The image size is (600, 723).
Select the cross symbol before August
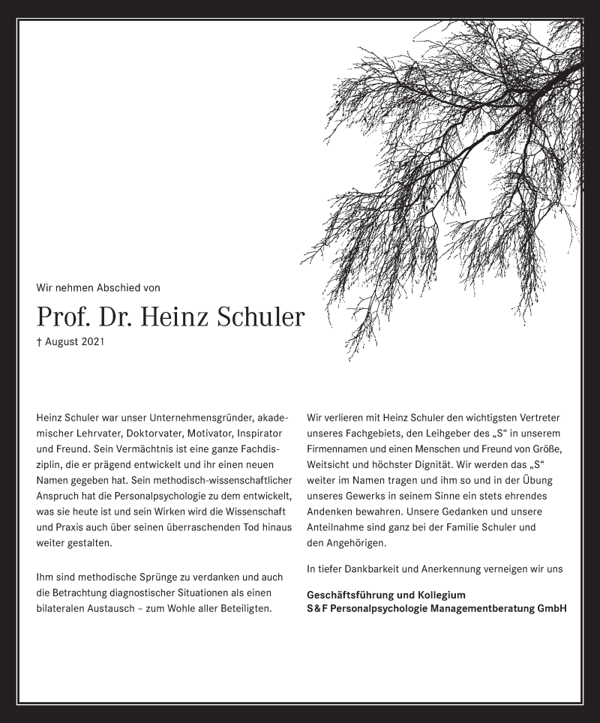(38, 342)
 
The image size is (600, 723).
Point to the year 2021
(91, 342)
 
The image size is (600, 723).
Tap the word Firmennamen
(339, 449)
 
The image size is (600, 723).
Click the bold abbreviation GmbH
(551, 608)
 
